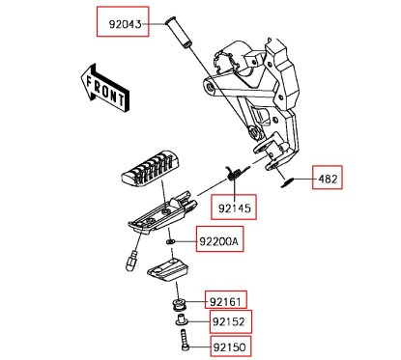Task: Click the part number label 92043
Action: point(122,20)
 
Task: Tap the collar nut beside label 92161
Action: point(179,307)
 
